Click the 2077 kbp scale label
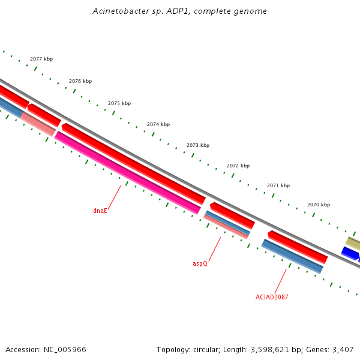click(41, 59)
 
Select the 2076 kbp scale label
click(80, 81)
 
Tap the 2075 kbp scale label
click(119, 103)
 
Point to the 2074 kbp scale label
click(158, 124)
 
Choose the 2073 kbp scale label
click(198, 145)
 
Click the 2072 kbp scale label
click(238, 166)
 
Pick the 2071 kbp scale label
click(278, 185)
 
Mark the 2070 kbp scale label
click(319, 205)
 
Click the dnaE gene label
click(100, 211)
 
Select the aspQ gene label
click(200, 263)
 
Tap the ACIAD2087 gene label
click(272, 297)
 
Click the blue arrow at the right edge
click(350, 253)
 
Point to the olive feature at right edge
click(353, 242)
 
